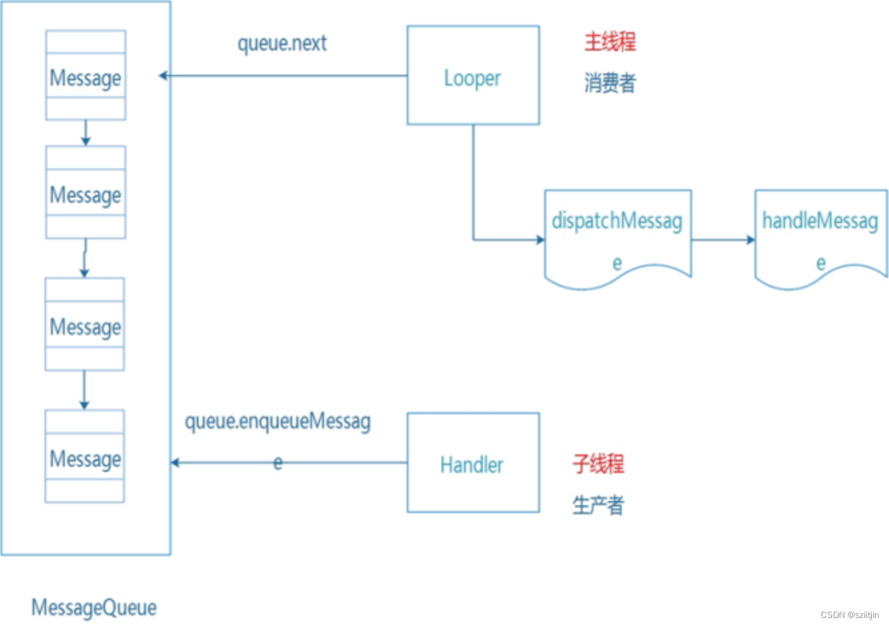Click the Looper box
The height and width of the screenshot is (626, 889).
tap(473, 75)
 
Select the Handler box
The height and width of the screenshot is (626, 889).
tap(473, 462)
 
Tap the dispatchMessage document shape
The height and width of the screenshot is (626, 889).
tap(618, 237)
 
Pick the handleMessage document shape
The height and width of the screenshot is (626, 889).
tap(821, 237)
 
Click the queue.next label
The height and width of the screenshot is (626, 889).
tap(282, 43)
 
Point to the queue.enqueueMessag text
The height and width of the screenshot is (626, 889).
tap(277, 422)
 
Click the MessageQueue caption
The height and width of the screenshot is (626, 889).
tap(94, 607)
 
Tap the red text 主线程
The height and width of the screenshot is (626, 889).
tap(610, 42)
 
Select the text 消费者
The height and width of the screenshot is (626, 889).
tap(610, 83)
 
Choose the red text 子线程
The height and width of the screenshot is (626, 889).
tap(598, 464)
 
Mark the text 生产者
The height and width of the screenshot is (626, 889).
tap(598, 505)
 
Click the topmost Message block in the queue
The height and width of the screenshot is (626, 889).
tap(85, 75)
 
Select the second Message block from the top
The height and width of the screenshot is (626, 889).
tap(85, 192)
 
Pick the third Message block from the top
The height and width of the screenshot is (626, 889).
tap(85, 325)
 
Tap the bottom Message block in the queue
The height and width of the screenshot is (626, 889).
tap(85, 456)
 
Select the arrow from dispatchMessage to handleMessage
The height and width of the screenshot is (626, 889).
tap(723, 239)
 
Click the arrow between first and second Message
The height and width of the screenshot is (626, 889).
tap(85, 133)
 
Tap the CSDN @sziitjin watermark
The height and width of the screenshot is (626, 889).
tap(850, 615)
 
